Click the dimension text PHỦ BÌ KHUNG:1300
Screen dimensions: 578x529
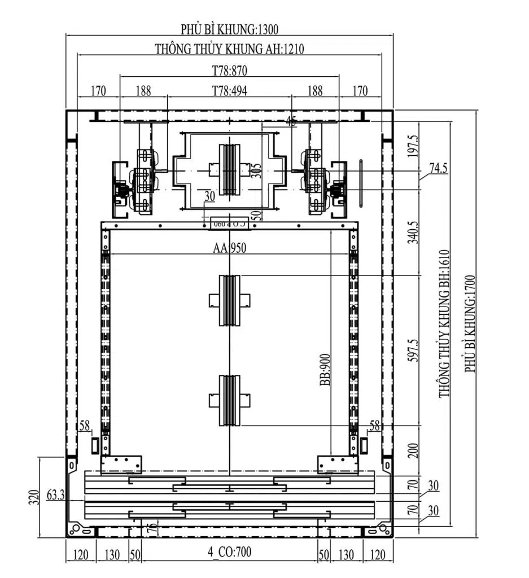pyautogui.click(x=229, y=28)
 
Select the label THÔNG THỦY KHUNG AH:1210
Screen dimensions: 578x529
pyautogui.click(x=229, y=49)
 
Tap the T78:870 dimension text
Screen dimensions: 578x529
pyautogui.click(x=229, y=71)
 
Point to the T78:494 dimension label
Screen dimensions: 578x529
pyautogui.click(x=229, y=91)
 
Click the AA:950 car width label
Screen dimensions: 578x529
pyautogui.click(x=229, y=248)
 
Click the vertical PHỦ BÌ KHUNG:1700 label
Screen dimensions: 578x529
pyautogui.click(x=470, y=323)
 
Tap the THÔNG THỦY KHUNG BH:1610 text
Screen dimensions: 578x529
pyautogui.click(x=445, y=323)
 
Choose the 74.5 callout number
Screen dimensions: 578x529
pyautogui.click(x=439, y=168)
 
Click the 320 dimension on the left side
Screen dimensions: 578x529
pyautogui.click(x=33, y=497)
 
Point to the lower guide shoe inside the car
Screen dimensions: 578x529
pyautogui.click(x=230, y=400)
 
